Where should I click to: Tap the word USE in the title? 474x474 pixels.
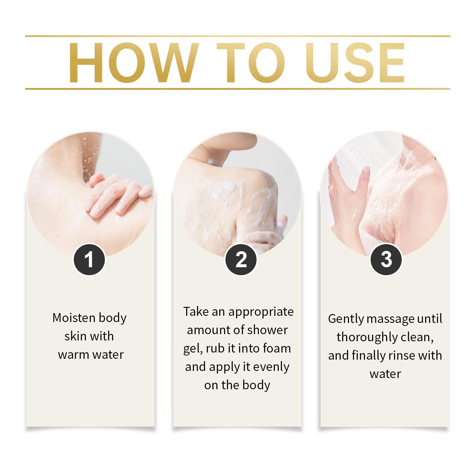click(355, 63)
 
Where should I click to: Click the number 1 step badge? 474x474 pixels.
click(89, 260)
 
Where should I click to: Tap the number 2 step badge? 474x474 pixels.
click(241, 260)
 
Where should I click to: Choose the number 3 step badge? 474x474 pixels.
click(386, 260)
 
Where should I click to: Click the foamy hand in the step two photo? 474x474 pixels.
click(265, 234)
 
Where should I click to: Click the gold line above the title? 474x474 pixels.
click(238, 36)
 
